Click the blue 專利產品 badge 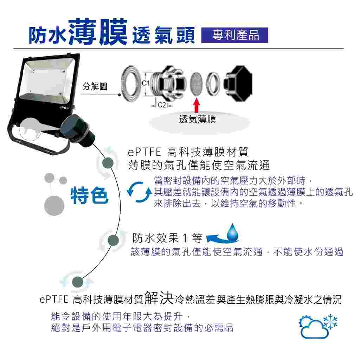(234, 35)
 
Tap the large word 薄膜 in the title (98, 32)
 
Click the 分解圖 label (95, 86)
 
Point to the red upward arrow (196, 105)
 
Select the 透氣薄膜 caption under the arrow (198, 120)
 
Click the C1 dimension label (146, 83)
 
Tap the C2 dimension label (162, 105)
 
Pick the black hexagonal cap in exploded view (238, 84)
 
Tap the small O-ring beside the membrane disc (213, 84)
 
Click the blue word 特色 (89, 195)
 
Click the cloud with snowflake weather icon (318, 326)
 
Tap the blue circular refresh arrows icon (139, 192)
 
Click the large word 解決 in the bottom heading (159, 298)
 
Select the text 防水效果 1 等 (167, 238)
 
